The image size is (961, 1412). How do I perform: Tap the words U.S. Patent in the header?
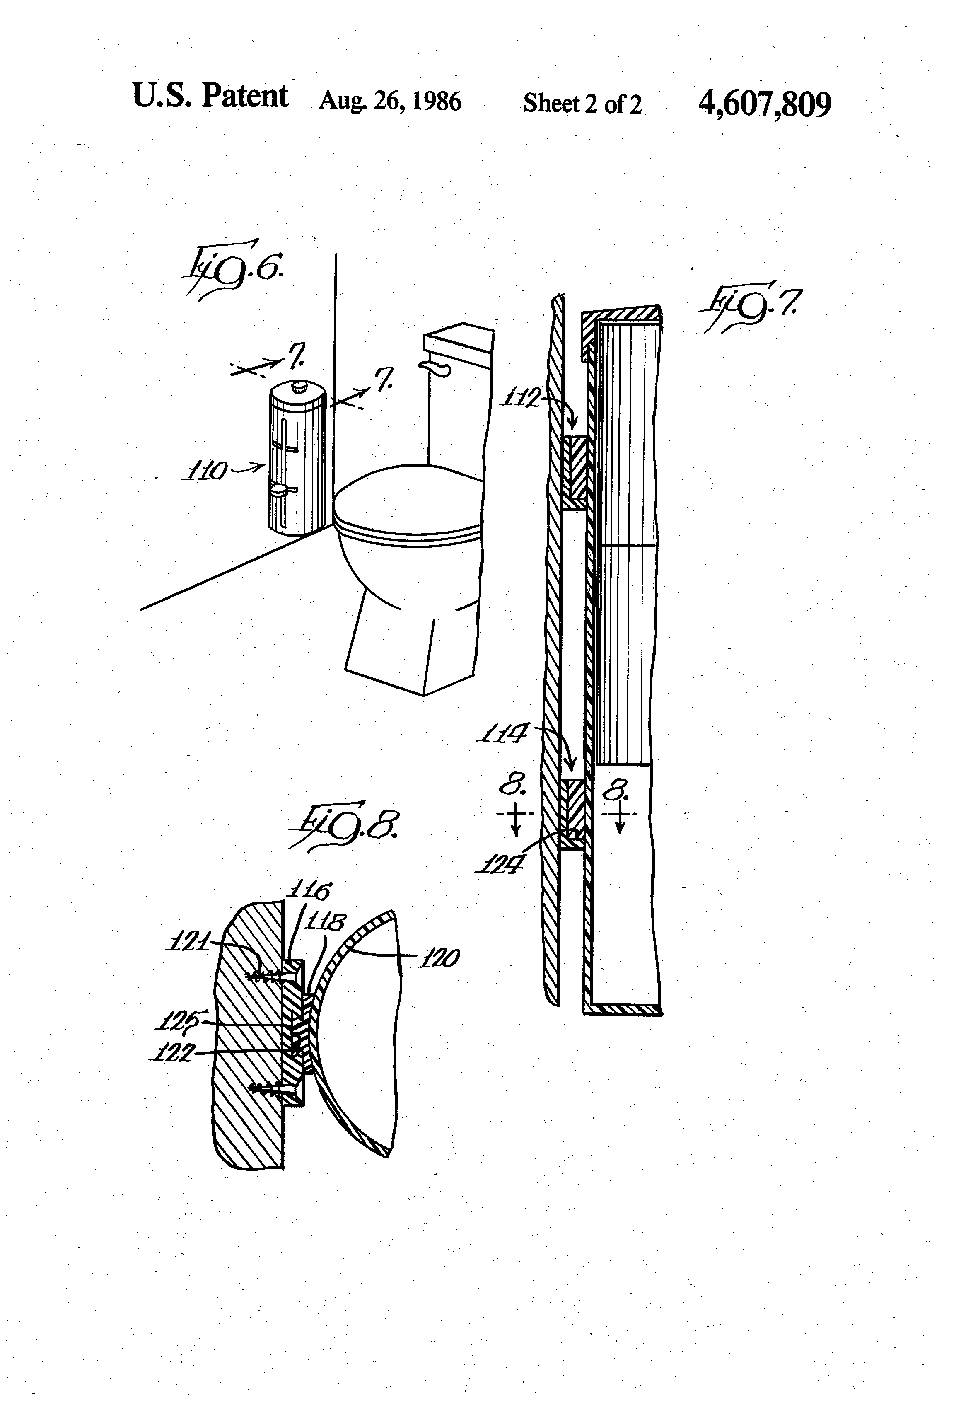[x=210, y=96]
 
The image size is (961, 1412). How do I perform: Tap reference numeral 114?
[x=503, y=735]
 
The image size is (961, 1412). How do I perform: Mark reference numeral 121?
[x=187, y=943]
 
